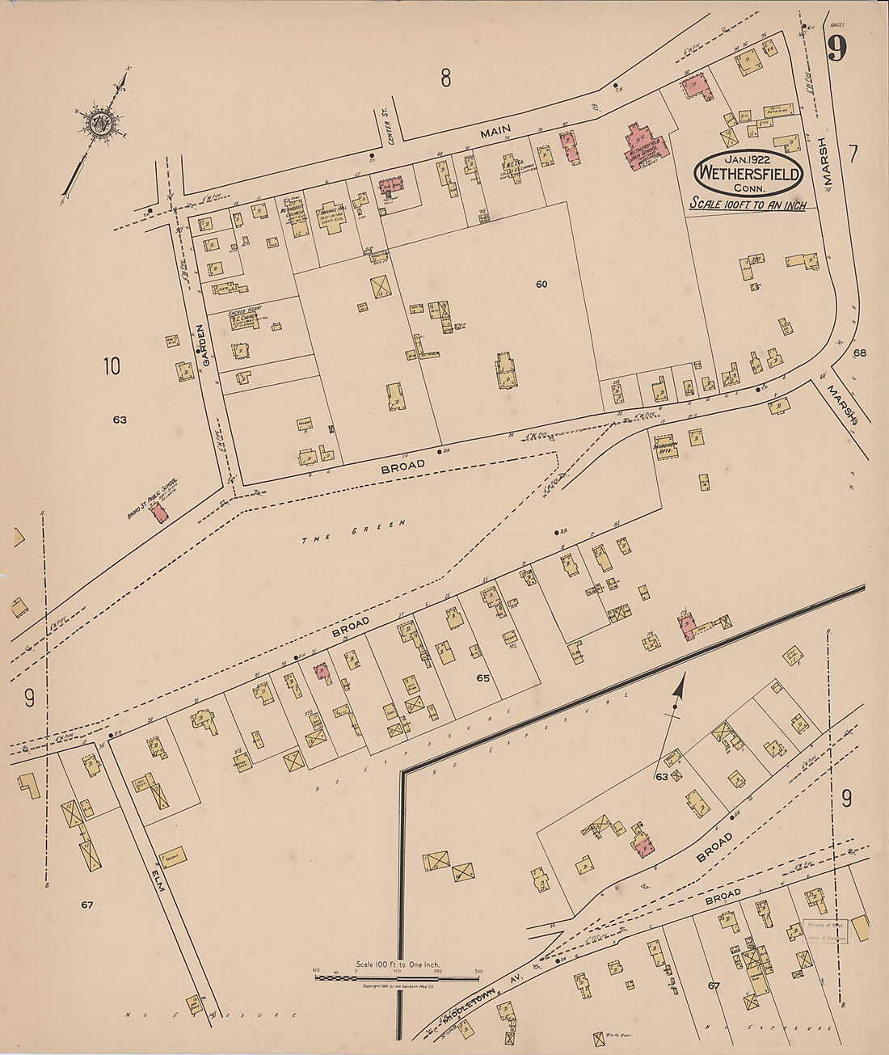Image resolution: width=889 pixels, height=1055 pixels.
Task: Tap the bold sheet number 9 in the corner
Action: tap(836, 49)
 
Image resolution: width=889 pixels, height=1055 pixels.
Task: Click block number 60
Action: tap(541, 284)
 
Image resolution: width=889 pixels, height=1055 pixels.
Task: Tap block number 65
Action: tap(483, 678)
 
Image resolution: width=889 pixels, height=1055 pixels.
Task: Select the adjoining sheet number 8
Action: tap(445, 78)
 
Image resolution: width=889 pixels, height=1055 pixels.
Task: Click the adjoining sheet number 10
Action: tap(112, 366)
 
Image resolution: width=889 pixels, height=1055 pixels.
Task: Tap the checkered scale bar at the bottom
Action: tap(398, 978)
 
